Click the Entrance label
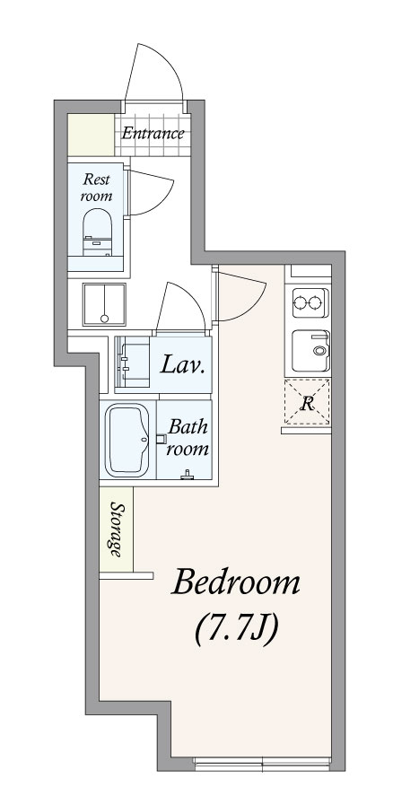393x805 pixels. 153,134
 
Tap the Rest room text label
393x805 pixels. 96,187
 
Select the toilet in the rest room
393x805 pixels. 97,232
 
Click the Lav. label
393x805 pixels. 184,365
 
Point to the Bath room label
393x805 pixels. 188,437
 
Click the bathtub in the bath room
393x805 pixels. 127,440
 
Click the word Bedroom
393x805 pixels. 235,582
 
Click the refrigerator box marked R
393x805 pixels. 307,402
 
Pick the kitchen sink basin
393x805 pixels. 311,351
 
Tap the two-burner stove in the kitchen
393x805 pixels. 310,303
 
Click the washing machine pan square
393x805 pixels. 104,304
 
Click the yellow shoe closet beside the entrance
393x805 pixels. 92,135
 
